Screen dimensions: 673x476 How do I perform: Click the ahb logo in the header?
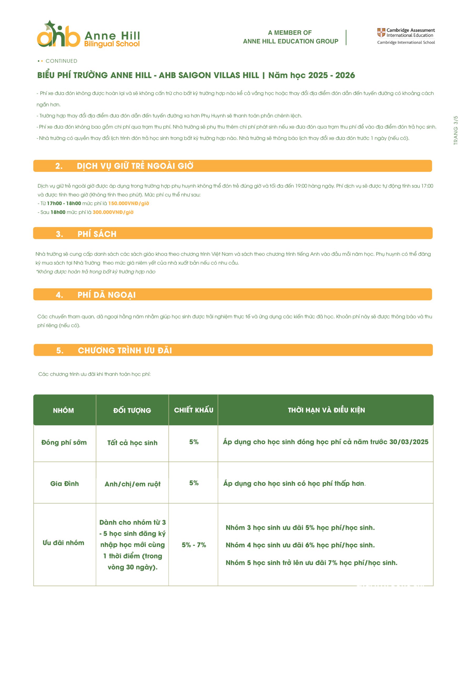coord(58,35)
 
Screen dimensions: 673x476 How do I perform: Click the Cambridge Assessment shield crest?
coord(381,33)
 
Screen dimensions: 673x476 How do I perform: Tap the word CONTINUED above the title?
coord(61,61)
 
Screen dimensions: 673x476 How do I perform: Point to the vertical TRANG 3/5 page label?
coord(455,130)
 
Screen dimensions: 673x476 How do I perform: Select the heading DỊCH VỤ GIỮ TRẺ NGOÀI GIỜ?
coord(135,166)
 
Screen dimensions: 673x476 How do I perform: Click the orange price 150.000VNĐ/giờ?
coord(128,203)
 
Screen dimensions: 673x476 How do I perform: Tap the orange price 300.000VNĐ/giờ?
coord(113,212)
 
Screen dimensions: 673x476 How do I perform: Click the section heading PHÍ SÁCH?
coord(97,234)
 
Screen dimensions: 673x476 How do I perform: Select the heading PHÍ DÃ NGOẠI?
coord(107,295)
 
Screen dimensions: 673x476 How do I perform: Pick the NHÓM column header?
coord(63,410)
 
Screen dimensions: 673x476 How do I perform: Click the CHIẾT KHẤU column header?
coord(194,410)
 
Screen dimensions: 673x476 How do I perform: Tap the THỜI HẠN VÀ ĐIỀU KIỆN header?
coord(326,410)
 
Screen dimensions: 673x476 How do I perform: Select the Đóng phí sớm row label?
coord(64,442)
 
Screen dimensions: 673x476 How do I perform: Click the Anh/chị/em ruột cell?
coord(133,484)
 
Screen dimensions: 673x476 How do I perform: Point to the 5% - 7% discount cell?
coord(194,545)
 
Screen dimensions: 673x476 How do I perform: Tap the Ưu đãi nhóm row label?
coord(63,543)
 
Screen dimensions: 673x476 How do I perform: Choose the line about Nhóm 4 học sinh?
coord(300,545)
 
